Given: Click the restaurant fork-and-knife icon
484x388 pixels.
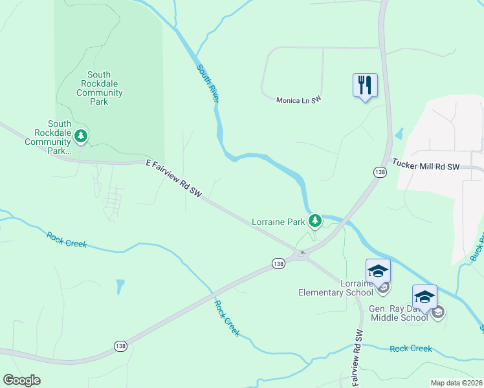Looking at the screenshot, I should tap(365, 85).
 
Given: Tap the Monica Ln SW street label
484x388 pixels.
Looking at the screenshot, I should tap(298, 100).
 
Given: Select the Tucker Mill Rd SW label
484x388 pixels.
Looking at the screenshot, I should tap(425, 166).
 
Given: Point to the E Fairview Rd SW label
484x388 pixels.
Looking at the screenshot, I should tap(174, 179).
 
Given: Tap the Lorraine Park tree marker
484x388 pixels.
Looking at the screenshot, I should tap(315, 222).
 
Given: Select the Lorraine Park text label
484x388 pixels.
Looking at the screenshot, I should tap(278, 222).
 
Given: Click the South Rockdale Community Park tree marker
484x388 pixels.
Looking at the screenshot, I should tap(81, 136).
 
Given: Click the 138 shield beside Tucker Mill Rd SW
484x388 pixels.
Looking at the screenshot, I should tap(380, 172).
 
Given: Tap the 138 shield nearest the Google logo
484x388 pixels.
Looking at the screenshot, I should tap(121, 346).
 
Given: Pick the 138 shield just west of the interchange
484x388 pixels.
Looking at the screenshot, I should tap(278, 263).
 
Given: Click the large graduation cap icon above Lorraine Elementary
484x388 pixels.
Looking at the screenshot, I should tap(378, 270).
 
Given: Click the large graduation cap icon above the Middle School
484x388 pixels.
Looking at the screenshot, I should tap(424, 296).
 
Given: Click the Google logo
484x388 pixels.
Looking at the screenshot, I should tap(21, 380).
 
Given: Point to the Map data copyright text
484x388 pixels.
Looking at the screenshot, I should tap(457, 383).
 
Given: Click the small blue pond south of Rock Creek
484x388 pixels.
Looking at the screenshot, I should tap(120, 286).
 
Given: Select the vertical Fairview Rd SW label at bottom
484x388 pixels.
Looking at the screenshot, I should tap(357, 356).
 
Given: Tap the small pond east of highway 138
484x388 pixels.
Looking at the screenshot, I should tap(399, 134).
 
